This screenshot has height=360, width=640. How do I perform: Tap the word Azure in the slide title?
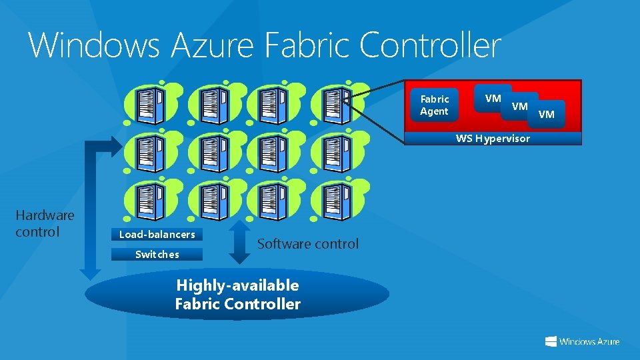[213, 45]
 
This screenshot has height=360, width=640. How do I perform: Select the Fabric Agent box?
[435, 105]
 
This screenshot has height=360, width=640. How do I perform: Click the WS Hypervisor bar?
[493, 139]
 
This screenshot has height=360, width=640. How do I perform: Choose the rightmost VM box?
[547, 114]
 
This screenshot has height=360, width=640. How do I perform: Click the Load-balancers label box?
[157, 234]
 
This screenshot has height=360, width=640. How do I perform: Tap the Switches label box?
[157, 254]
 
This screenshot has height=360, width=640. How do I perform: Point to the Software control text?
[308, 244]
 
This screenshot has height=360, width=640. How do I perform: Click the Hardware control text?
[45, 223]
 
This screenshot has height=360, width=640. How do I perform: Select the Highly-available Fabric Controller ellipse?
[237, 295]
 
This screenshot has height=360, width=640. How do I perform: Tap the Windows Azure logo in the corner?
[582, 341]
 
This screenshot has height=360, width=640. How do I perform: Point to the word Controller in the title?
[430, 45]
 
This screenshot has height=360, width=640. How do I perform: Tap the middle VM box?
[520, 106]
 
